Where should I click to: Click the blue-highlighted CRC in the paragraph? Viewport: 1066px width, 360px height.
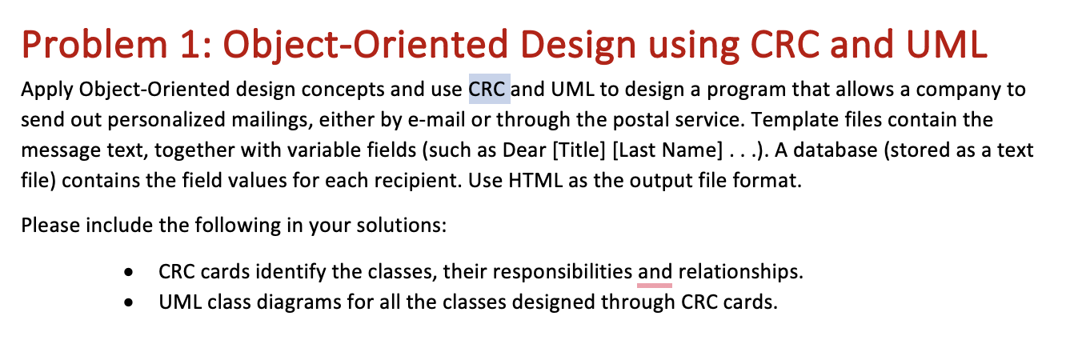(x=489, y=90)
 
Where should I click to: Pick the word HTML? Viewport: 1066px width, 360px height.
(x=531, y=181)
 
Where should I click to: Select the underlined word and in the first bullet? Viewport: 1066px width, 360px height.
(x=655, y=272)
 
